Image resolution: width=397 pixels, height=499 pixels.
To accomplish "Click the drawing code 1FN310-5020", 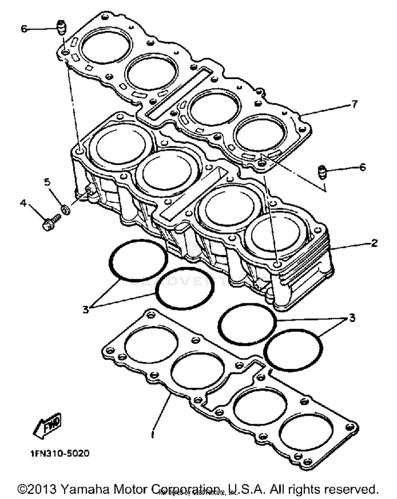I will (x=60, y=453).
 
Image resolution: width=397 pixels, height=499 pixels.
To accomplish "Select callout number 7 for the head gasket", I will (x=354, y=104).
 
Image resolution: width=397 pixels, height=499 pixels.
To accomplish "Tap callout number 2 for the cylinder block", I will (x=374, y=243).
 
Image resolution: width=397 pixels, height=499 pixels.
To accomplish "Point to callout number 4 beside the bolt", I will (x=24, y=203).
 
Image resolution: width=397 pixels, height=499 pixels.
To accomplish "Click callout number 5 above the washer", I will (x=47, y=182).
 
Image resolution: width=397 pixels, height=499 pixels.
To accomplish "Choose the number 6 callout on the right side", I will (x=362, y=167).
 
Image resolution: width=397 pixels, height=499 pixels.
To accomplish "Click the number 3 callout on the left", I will (x=85, y=309).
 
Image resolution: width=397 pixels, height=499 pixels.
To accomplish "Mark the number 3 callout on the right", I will (x=352, y=317).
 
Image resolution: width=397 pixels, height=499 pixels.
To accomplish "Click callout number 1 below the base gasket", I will (x=152, y=435).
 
